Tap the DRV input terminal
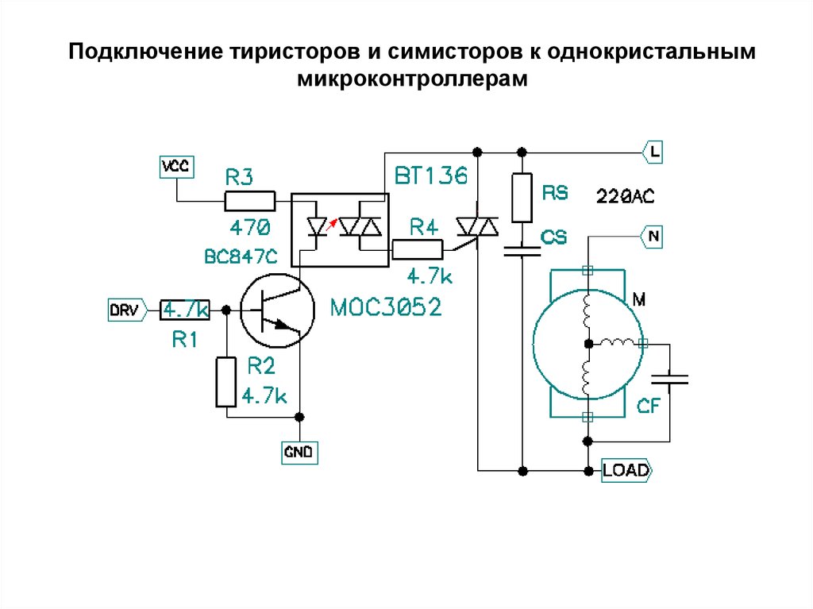pyautogui.click(x=125, y=310)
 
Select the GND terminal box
pyautogui.click(x=299, y=453)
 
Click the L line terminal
pyautogui.click(x=651, y=151)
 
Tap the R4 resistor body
pyautogui.click(x=418, y=250)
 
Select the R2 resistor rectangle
pyautogui.click(x=226, y=383)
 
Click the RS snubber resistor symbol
pyautogui.click(x=522, y=198)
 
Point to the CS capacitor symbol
pyautogui.click(x=522, y=252)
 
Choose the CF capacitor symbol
pyautogui.click(x=669, y=380)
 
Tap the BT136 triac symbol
pyautogui.click(x=477, y=229)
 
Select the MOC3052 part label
pyautogui.click(x=386, y=306)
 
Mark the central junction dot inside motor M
pyautogui.click(x=588, y=343)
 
